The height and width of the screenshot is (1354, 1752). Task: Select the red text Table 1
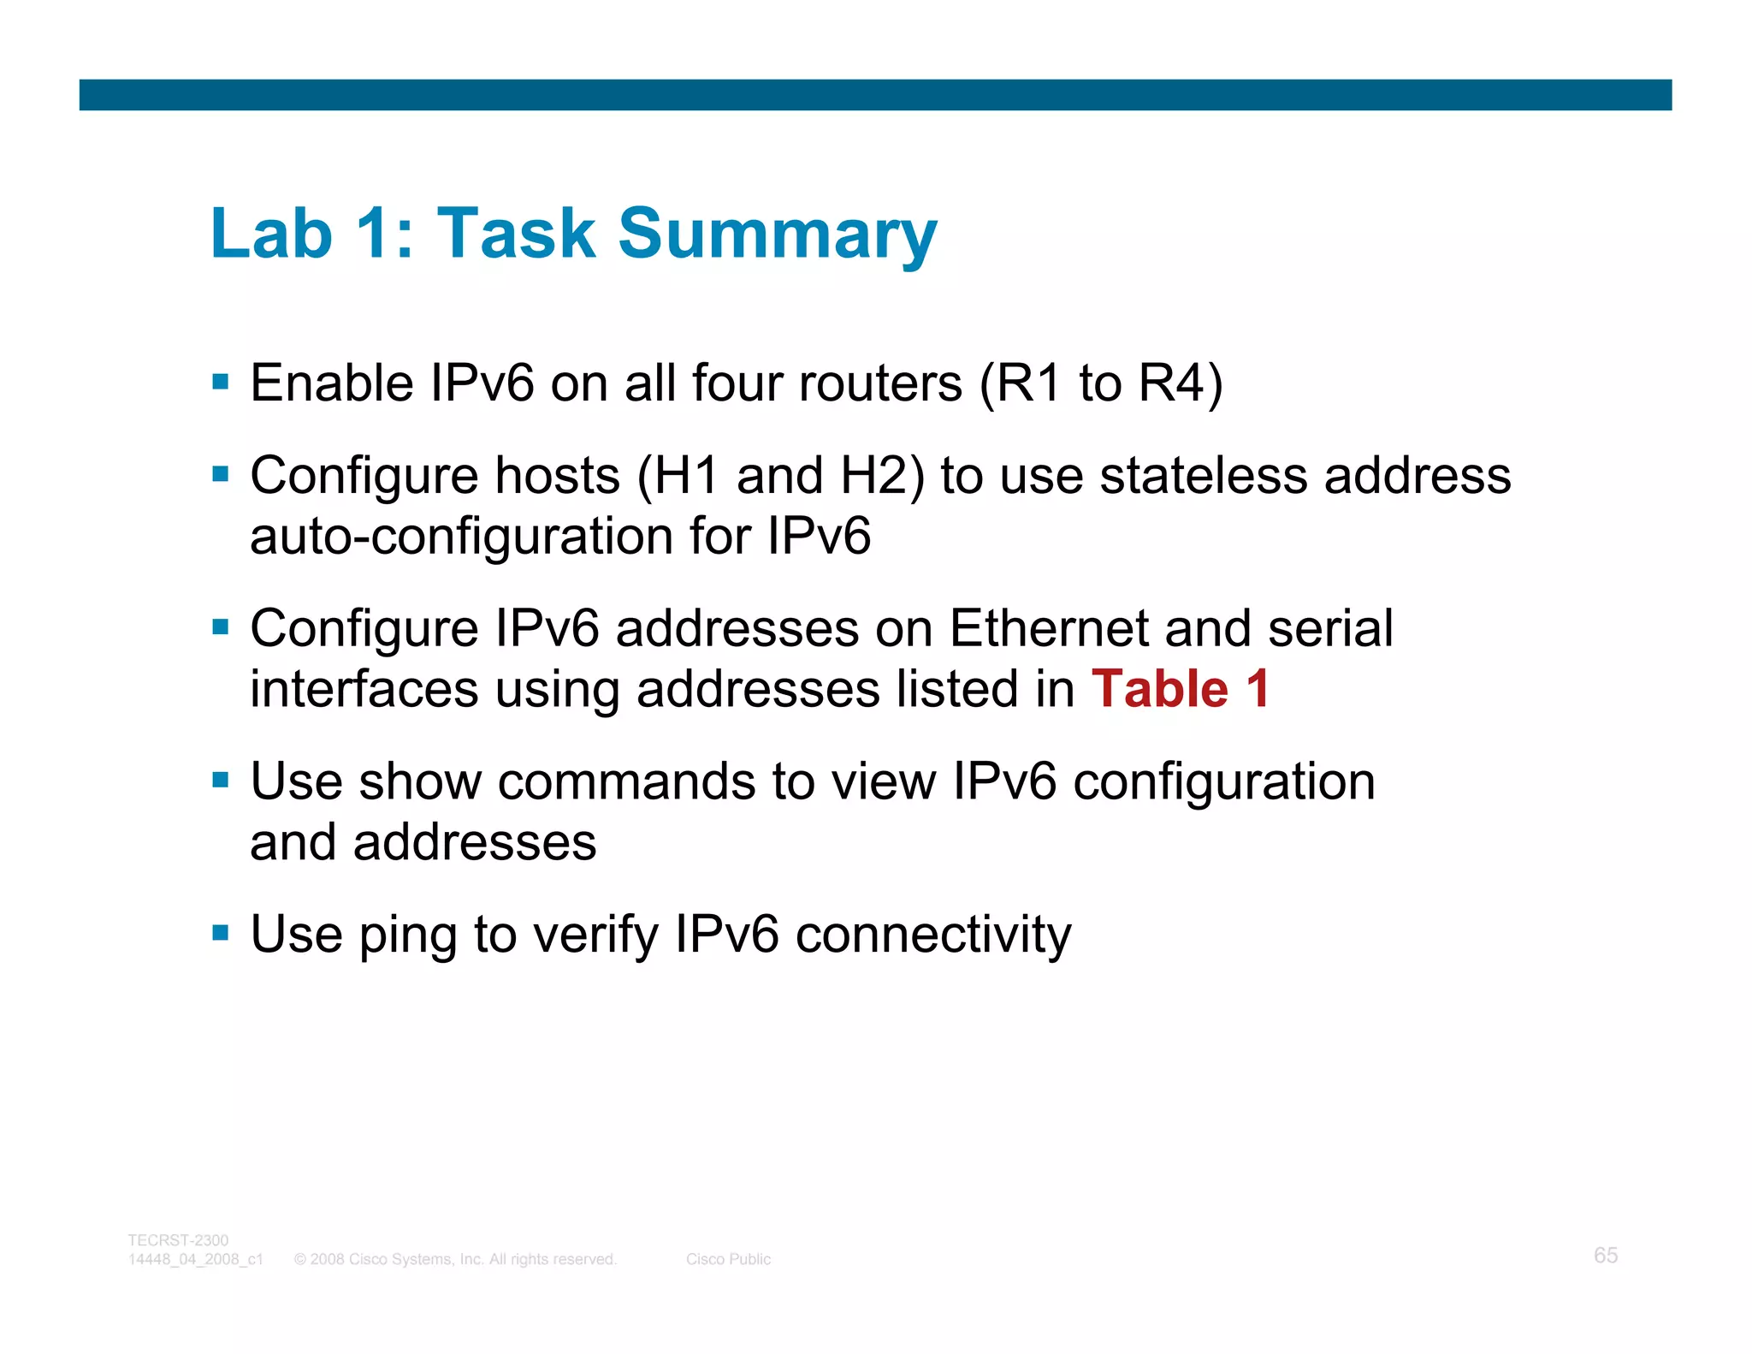coord(1180,689)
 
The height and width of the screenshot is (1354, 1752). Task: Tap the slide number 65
coord(1605,1255)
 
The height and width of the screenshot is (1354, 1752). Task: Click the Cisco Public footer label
coord(728,1259)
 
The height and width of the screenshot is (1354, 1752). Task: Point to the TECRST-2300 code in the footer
coord(178,1240)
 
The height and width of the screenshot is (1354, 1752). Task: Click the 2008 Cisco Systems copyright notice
coord(455,1259)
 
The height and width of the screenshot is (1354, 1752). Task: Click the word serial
coord(1330,628)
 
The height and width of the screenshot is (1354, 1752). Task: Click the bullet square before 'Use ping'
coord(221,931)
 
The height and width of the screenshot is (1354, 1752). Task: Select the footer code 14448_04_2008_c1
coord(196,1259)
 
